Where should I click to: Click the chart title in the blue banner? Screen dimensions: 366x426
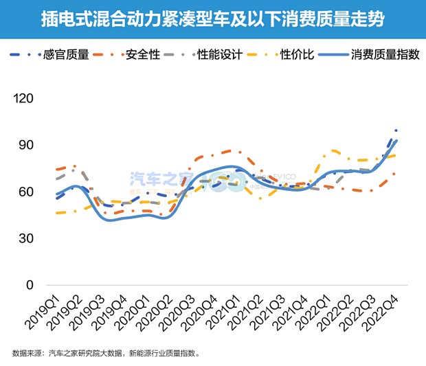click(212, 19)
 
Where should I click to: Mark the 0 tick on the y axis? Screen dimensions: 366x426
click(29, 285)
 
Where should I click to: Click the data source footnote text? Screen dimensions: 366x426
click(106, 354)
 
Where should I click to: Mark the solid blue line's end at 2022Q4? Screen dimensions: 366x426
click(396, 141)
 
